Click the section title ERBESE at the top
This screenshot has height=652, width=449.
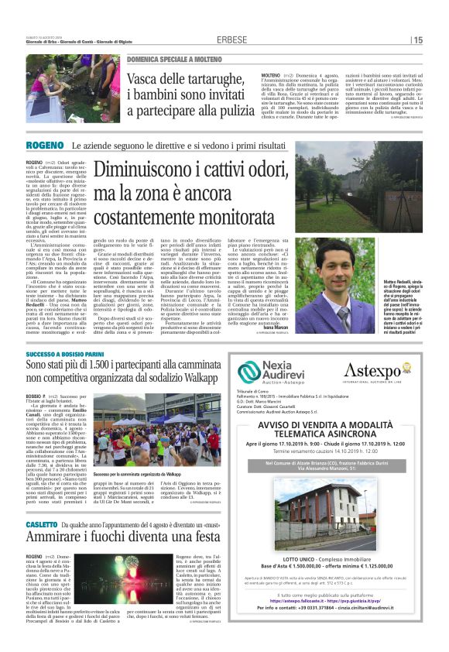coord(231,39)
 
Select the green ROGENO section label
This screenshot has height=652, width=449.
coord(45,146)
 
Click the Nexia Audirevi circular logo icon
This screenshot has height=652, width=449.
coord(249,372)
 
